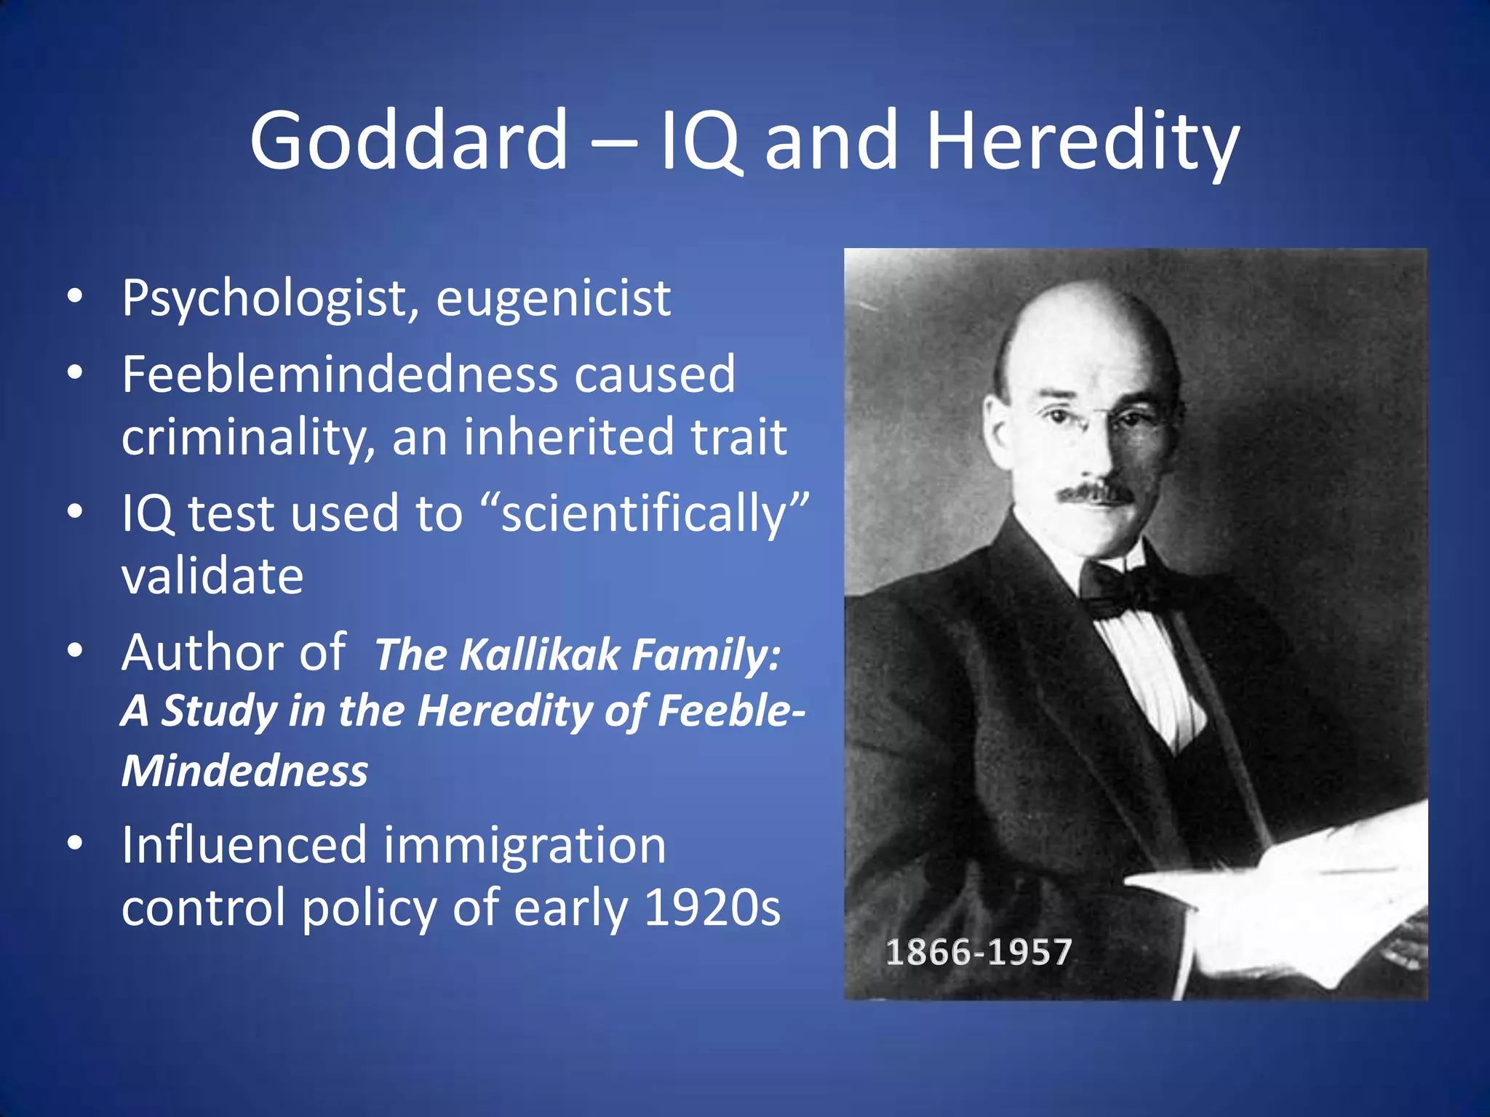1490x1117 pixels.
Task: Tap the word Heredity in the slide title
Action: click(x=1082, y=141)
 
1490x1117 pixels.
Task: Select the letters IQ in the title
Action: click(x=700, y=140)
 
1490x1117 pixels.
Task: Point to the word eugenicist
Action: click(x=553, y=299)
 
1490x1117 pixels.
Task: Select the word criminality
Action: click(x=247, y=438)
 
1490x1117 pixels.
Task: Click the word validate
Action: click(x=212, y=576)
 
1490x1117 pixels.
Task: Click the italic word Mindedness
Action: click(x=244, y=771)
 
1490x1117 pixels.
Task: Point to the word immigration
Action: click(x=525, y=845)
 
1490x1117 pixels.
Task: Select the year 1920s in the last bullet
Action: click(x=712, y=908)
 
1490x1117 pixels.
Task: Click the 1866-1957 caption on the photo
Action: click(x=979, y=952)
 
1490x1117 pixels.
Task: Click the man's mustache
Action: click(x=1095, y=493)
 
